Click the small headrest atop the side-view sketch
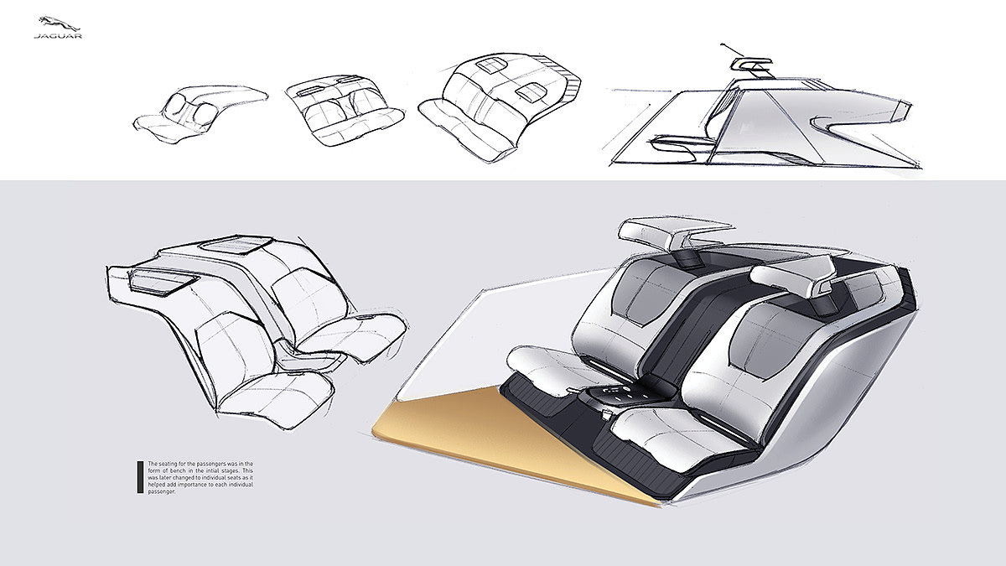749,64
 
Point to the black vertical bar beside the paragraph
140,475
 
